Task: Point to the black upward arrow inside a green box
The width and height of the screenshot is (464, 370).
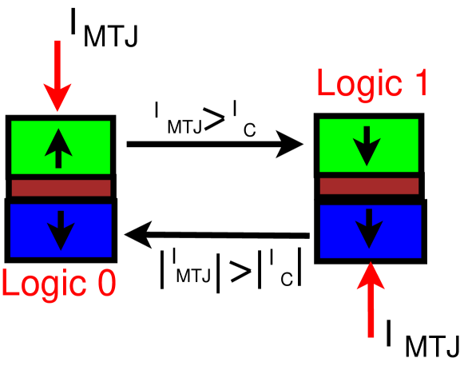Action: pos(58,147)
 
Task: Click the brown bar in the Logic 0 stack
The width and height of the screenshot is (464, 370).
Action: pos(61,188)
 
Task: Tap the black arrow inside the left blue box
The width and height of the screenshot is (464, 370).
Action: pos(61,230)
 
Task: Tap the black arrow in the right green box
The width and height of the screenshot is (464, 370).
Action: pos(367,145)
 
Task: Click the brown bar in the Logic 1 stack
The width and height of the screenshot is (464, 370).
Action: pos(369,186)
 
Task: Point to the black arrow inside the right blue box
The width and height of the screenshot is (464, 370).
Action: pos(369,229)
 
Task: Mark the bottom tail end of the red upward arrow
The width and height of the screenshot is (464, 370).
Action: pos(371,335)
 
